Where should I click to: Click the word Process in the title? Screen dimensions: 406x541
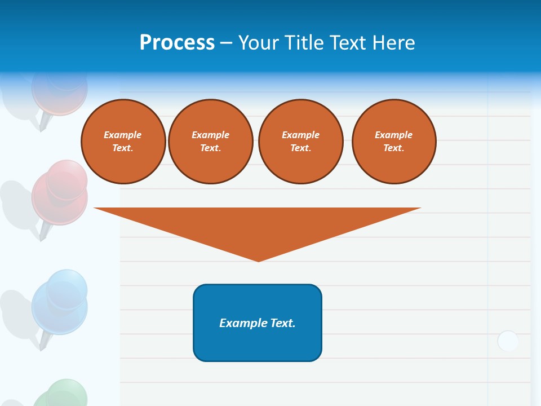tap(177, 42)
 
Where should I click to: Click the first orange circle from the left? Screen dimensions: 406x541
tap(123, 142)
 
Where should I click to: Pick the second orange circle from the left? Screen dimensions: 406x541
tap(211, 142)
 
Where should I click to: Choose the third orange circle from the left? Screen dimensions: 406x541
tap(300, 142)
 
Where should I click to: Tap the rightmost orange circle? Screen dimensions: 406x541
tap(394, 142)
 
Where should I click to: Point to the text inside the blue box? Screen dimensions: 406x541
tap(258, 323)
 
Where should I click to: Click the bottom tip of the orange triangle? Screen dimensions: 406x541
tap(259, 261)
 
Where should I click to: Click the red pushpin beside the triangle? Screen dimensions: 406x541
tap(60, 195)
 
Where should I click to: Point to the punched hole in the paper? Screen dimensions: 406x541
tap(508, 341)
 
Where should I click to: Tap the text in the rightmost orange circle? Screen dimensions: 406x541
tap(394, 142)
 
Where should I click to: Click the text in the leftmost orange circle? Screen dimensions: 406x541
tap(123, 142)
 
